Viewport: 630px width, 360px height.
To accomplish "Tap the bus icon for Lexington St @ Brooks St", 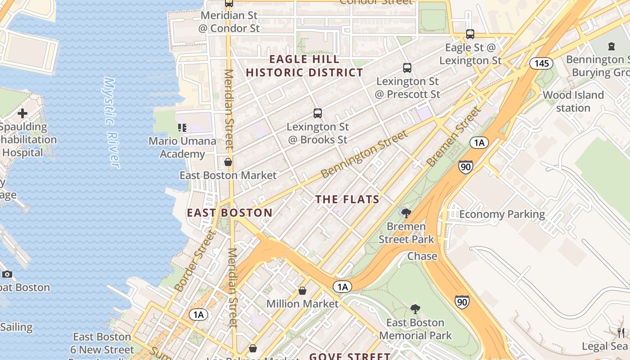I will [318, 113].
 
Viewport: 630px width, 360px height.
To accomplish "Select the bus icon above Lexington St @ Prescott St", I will [407, 68].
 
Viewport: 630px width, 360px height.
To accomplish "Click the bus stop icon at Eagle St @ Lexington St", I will [470, 34].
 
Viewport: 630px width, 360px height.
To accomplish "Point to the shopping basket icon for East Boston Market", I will [228, 162].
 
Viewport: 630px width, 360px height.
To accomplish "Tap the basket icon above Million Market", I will [302, 291].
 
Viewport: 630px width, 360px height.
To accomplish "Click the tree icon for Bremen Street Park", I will [406, 213].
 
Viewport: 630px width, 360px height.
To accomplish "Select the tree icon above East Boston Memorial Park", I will [415, 309].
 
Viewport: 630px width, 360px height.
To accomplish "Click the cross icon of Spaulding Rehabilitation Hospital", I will [22, 113].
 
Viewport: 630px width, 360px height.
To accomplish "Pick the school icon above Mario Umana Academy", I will [182, 128].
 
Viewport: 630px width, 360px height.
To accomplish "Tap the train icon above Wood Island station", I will [611, 46].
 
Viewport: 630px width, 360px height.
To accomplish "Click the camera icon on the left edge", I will [7, 274].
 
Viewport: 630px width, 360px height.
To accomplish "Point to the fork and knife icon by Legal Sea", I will [621, 333].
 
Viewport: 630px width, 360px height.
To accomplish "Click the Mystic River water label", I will [112, 123].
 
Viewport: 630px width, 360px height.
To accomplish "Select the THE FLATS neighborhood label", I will [347, 199].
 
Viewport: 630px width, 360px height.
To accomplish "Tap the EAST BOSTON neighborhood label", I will [229, 213].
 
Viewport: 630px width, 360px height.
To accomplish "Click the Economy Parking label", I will [502, 214].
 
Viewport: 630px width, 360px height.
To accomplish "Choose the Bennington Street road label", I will [364, 154].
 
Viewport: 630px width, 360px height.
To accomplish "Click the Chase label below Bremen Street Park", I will [422, 256].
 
